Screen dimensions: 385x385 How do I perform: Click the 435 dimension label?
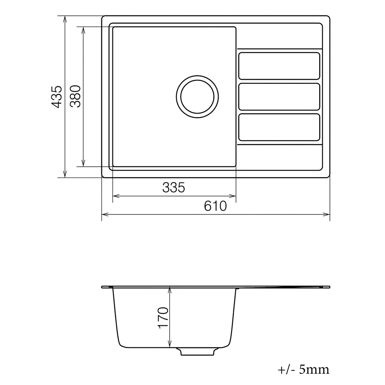(57, 97)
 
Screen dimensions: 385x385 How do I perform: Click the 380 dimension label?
(75, 96)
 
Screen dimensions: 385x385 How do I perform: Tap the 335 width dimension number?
(174, 187)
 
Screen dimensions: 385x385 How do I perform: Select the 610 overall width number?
(215, 206)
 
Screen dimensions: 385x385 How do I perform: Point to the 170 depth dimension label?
(163, 318)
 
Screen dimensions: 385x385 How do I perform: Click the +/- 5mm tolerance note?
(303, 370)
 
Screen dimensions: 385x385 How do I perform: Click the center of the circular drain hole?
(198, 97)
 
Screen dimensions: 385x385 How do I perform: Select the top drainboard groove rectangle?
(279, 66)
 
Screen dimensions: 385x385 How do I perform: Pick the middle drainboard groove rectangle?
(279, 97)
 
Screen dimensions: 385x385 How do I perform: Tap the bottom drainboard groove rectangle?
(279, 127)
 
